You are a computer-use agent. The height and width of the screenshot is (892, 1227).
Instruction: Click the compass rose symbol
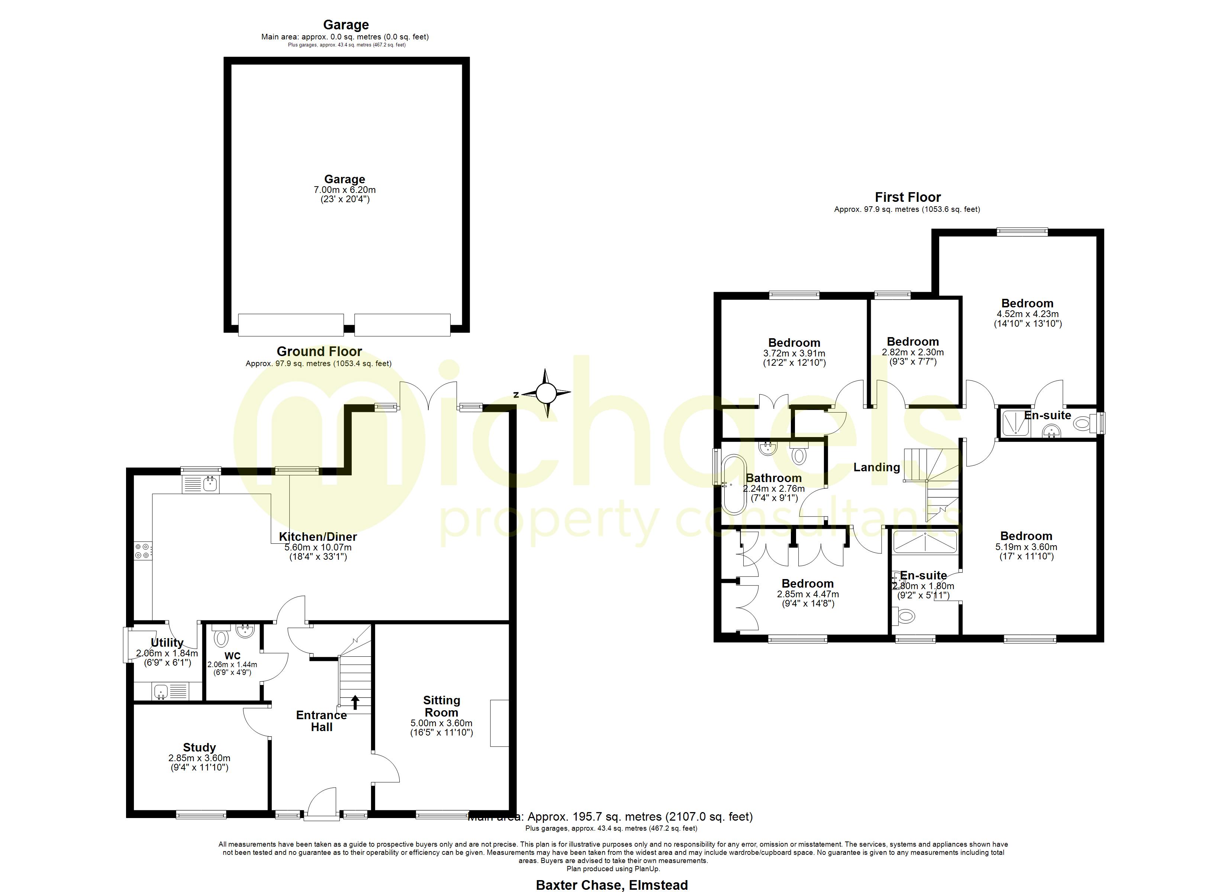coord(547,393)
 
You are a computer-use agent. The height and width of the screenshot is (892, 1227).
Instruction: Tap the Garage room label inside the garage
coord(345,179)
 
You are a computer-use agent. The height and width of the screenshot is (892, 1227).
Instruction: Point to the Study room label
coord(199,747)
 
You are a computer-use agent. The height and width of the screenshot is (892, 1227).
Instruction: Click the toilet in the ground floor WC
coord(221,638)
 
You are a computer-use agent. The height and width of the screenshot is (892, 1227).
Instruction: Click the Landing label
coord(876,467)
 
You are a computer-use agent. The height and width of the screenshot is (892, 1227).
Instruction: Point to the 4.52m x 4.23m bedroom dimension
coord(1027,314)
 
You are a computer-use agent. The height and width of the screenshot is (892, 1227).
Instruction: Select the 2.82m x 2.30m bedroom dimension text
coord(913,352)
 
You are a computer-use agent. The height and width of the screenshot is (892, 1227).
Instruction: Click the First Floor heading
coord(908,197)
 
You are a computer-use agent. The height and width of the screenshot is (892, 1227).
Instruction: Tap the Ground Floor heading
coord(319,352)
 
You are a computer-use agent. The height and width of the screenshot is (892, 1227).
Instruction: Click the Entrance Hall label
coord(321,721)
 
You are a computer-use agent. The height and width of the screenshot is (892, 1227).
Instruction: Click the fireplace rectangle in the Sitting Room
coord(499,723)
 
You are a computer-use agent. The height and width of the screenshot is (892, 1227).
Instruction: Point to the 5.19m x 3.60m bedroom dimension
coord(1026,547)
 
